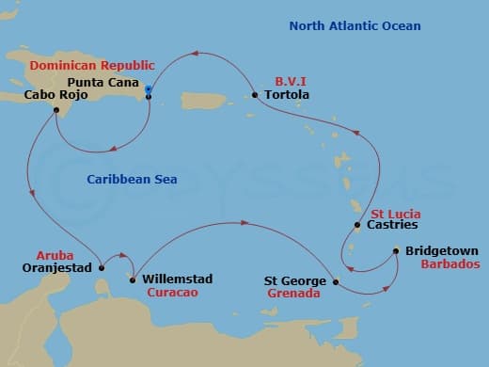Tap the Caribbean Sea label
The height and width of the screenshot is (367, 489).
pos(132,179)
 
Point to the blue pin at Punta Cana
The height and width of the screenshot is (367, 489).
pos(149,90)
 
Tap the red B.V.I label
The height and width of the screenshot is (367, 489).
pos(292,82)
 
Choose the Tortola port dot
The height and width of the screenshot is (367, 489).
pos(255,95)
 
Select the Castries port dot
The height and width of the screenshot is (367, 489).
pos(356,226)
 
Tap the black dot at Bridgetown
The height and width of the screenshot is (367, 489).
pos(395,250)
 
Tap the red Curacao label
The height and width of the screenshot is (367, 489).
pos(172,293)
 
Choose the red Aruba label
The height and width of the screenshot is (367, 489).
pos(53,255)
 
